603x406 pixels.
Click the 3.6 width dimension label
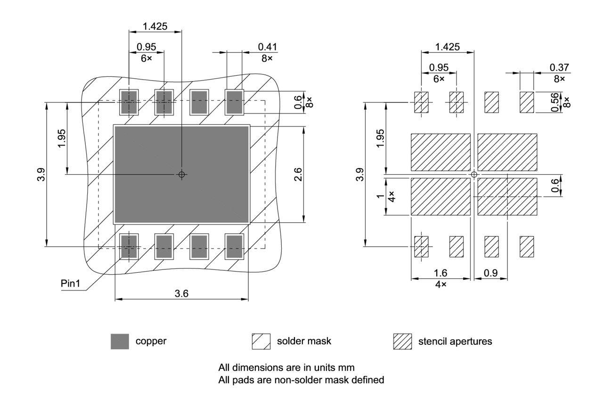point(181,293)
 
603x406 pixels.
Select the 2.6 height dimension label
point(298,174)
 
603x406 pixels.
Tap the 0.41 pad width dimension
point(267,47)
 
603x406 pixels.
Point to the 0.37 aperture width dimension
point(559,68)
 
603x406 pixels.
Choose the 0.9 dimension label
point(490,273)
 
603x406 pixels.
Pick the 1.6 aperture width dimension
point(441,273)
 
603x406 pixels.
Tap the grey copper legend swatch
point(120,341)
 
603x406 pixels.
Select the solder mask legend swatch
point(261,341)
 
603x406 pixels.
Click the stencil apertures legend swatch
point(402,341)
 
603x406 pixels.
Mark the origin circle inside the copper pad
point(181,174)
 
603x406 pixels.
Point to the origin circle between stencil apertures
point(474,174)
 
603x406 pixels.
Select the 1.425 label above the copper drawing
point(155,26)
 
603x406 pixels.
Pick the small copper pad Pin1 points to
point(129,246)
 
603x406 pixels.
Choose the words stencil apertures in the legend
point(455,341)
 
